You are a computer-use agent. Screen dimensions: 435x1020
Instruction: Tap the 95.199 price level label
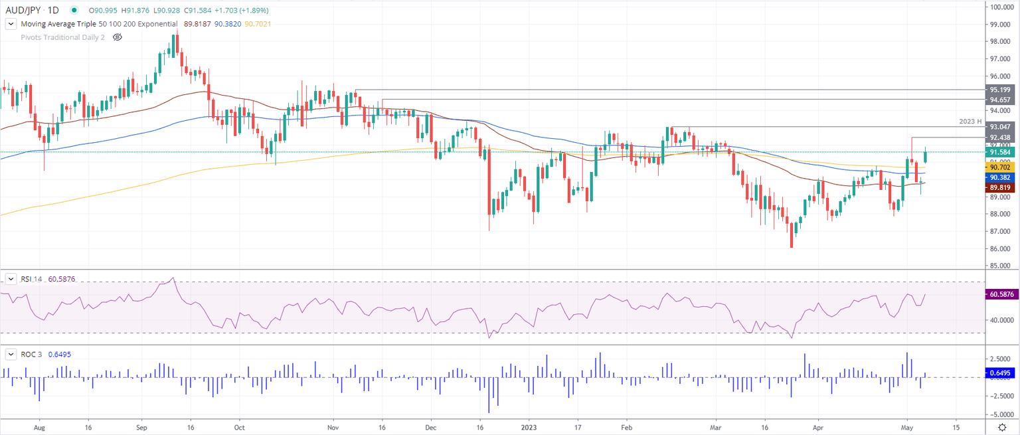pos(1000,90)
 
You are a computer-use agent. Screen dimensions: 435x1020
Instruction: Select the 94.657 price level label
pos(1000,99)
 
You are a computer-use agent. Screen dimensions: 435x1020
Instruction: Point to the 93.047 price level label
pos(1000,126)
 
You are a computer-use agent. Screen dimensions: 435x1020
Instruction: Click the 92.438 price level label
pos(1000,137)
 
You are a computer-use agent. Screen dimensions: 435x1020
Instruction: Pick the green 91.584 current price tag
pos(1000,152)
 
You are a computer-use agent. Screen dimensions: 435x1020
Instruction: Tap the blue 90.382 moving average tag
pos(1000,178)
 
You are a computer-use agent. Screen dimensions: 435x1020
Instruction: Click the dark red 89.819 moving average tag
pos(1000,188)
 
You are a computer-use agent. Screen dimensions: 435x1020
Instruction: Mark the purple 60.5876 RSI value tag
pos(1000,294)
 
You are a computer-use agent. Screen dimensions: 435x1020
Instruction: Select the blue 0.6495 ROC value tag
pos(1000,373)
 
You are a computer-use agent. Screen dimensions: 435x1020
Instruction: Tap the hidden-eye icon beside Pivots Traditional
pos(118,37)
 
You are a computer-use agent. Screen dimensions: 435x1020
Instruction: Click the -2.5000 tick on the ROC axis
pos(1000,396)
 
